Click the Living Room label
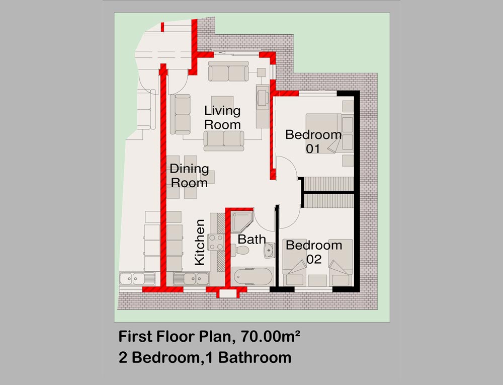(222, 117)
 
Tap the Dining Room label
(189, 176)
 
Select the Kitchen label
(200, 242)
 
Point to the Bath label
(252, 239)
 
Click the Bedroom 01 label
(313, 141)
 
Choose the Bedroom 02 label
(314, 252)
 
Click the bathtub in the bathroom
(253, 276)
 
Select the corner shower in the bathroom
(242, 222)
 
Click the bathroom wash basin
(269, 250)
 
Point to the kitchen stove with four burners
(216, 242)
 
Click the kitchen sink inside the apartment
(191, 278)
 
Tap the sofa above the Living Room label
(228, 71)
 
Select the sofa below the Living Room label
(224, 140)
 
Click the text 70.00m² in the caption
(271, 337)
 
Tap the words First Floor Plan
(175, 337)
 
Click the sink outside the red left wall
(137, 278)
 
